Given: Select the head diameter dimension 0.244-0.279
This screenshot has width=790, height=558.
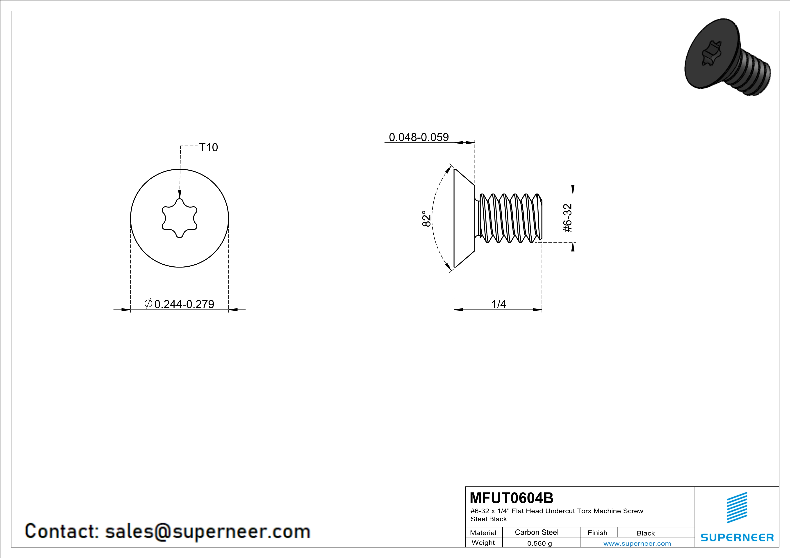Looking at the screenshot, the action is click(x=184, y=304).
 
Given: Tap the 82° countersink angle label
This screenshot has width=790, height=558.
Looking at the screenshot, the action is click(x=426, y=218).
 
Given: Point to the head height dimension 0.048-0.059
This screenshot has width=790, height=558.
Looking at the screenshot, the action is click(x=419, y=137).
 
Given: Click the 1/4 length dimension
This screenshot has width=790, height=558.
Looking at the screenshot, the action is click(x=499, y=304).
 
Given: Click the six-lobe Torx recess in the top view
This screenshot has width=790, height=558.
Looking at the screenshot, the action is click(x=180, y=218).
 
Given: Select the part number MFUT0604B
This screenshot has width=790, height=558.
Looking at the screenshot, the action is click(x=512, y=498).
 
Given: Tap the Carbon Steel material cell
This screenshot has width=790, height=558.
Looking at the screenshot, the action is click(x=536, y=532).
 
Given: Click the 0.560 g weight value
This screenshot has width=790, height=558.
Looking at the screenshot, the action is click(x=540, y=543).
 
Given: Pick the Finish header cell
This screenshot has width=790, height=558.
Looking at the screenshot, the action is click(x=598, y=533).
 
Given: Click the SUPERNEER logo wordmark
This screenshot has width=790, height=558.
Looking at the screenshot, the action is click(x=737, y=537).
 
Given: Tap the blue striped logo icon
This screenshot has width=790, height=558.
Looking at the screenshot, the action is click(x=737, y=508).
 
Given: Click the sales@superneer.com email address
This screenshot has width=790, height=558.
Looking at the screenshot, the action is click(x=208, y=531).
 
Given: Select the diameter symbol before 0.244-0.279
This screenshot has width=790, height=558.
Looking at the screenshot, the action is click(x=148, y=303).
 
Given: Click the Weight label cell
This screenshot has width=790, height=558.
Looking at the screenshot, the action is click(x=483, y=542).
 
